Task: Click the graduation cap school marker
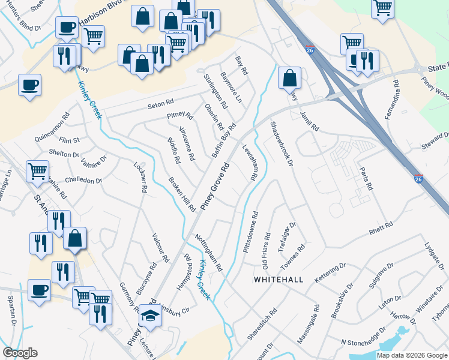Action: (149, 316)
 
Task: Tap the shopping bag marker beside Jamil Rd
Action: (289, 78)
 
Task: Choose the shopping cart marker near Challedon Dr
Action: (37, 171)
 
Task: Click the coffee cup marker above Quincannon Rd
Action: (29, 85)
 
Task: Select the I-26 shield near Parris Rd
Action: (419, 179)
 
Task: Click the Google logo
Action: (20, 353)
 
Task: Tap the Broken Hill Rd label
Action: (182, 194)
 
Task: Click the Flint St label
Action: (69, 140)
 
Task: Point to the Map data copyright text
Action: (412, 355)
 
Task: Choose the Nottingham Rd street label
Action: (208, 253)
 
